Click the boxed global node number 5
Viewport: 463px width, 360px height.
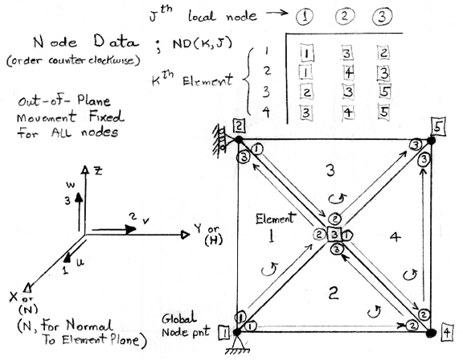coord(438,127)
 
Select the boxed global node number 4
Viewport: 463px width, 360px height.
coord(448,333)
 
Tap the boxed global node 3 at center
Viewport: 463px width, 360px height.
coord(334,235)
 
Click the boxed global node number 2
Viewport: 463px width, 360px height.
coord(240,125)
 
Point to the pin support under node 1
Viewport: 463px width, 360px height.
coord(237,346)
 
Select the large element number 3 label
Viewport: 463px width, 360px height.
coord(330,171)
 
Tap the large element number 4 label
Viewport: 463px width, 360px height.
coord(395,237)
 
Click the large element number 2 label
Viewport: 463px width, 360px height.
coord(333,293)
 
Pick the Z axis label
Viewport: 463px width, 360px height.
coord(98,170)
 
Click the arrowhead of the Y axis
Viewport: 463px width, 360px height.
coord(185,235)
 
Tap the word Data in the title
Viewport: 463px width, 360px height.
coord(116,42)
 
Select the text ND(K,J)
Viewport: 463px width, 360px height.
coord(203,43)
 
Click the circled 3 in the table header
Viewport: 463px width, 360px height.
coord(382,16)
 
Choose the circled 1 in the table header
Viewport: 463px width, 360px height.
coord(305,17)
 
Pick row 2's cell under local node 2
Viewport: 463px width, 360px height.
coord(348,73)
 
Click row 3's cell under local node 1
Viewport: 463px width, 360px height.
coord(306,92)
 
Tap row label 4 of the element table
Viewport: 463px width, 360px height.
coord(266,112)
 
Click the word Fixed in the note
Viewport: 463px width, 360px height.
coord(107,117)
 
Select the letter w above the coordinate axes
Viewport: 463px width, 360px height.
coord(70,186)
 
